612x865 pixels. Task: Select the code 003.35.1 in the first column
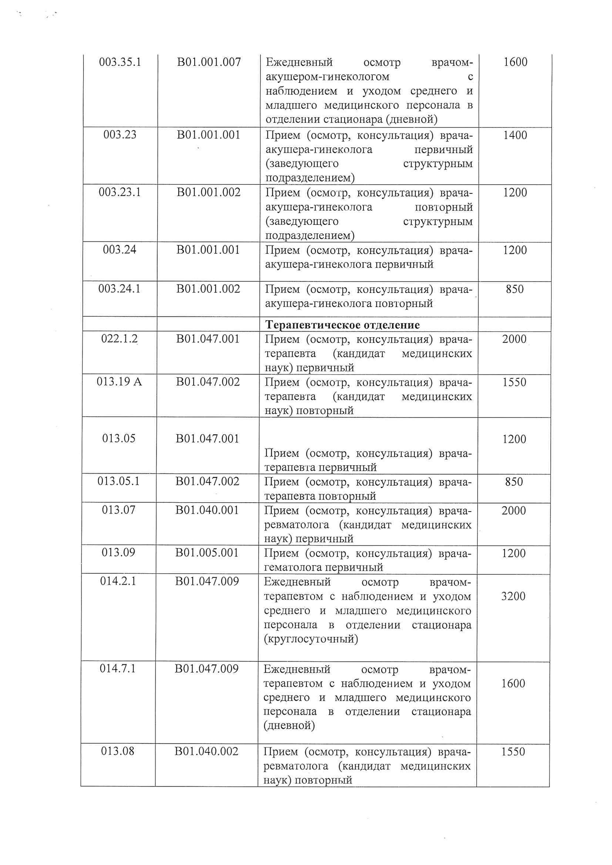[120, 62]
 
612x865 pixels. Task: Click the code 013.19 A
[119, 382]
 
